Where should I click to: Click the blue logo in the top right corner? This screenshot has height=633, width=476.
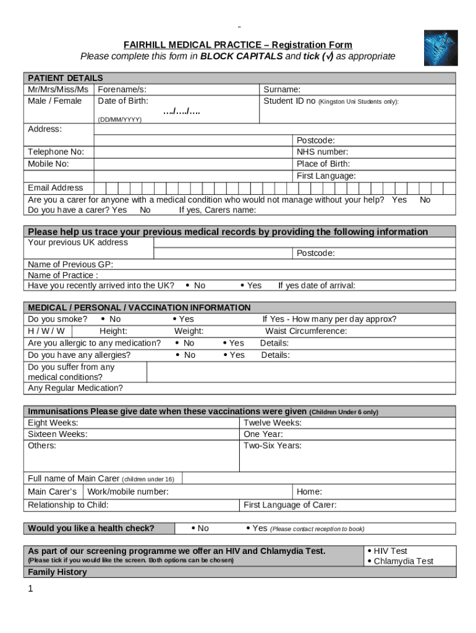[440, 48]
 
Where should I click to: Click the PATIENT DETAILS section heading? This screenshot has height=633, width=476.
[65, 78]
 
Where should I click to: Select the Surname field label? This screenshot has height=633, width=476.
[282, 90]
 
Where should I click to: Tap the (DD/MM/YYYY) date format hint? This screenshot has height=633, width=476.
[119, 119]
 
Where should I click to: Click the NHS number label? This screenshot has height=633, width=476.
[322, 152]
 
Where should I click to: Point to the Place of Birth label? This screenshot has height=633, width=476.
[323, 164]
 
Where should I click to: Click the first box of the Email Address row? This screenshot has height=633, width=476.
[100, 188]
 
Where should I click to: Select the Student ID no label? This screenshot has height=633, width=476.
[289, 101]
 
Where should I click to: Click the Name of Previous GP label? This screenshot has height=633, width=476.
[70, 264]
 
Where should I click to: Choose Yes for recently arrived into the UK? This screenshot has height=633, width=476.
[251, 286]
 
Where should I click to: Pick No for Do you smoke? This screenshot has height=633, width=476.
[111, 320]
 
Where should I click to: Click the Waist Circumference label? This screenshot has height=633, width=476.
[306, 331]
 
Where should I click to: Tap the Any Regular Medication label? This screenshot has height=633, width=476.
[75, 388]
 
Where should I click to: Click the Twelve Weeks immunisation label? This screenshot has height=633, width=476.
[273, 423]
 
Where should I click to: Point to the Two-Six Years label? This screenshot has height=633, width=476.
[273, 446]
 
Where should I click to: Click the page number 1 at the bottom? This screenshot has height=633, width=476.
[30, 589]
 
